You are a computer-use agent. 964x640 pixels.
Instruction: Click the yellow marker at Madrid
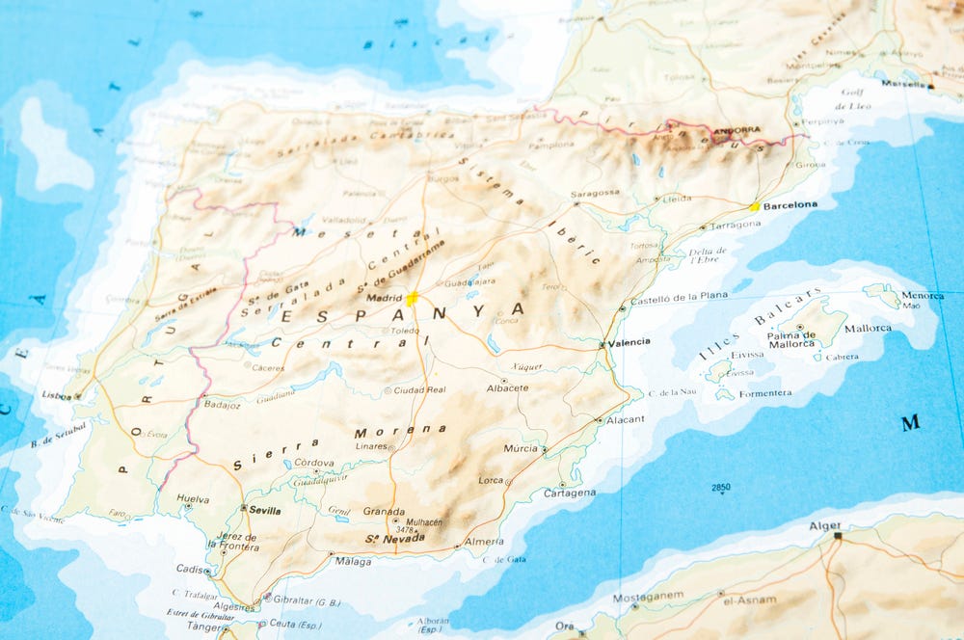pos(412,299)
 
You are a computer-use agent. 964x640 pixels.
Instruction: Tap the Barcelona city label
pos(790,205)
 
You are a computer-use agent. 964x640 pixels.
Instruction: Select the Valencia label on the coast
pos(629,342)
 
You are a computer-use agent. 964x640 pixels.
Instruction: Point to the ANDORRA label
pos(736,130)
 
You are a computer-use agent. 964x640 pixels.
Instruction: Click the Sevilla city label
pos(264,510)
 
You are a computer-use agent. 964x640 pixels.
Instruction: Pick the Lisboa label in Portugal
pos(55,395)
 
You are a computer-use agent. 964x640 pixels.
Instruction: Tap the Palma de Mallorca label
pos(791,339)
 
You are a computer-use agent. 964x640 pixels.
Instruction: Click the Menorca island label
pos(923,295)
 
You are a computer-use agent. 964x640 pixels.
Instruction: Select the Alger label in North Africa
pos(825,526)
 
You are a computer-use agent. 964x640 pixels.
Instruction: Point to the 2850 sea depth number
pos(721,488)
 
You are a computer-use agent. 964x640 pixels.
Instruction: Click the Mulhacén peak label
pos(424,522)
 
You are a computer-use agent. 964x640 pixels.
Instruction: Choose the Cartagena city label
pos(570,493)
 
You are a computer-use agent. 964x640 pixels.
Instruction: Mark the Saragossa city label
pos(595,193)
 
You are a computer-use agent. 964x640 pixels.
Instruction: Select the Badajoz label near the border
pos(222,405)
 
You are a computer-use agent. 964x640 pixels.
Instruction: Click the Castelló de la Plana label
pos(679,297)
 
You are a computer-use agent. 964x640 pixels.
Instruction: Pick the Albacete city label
pos(507,387)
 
